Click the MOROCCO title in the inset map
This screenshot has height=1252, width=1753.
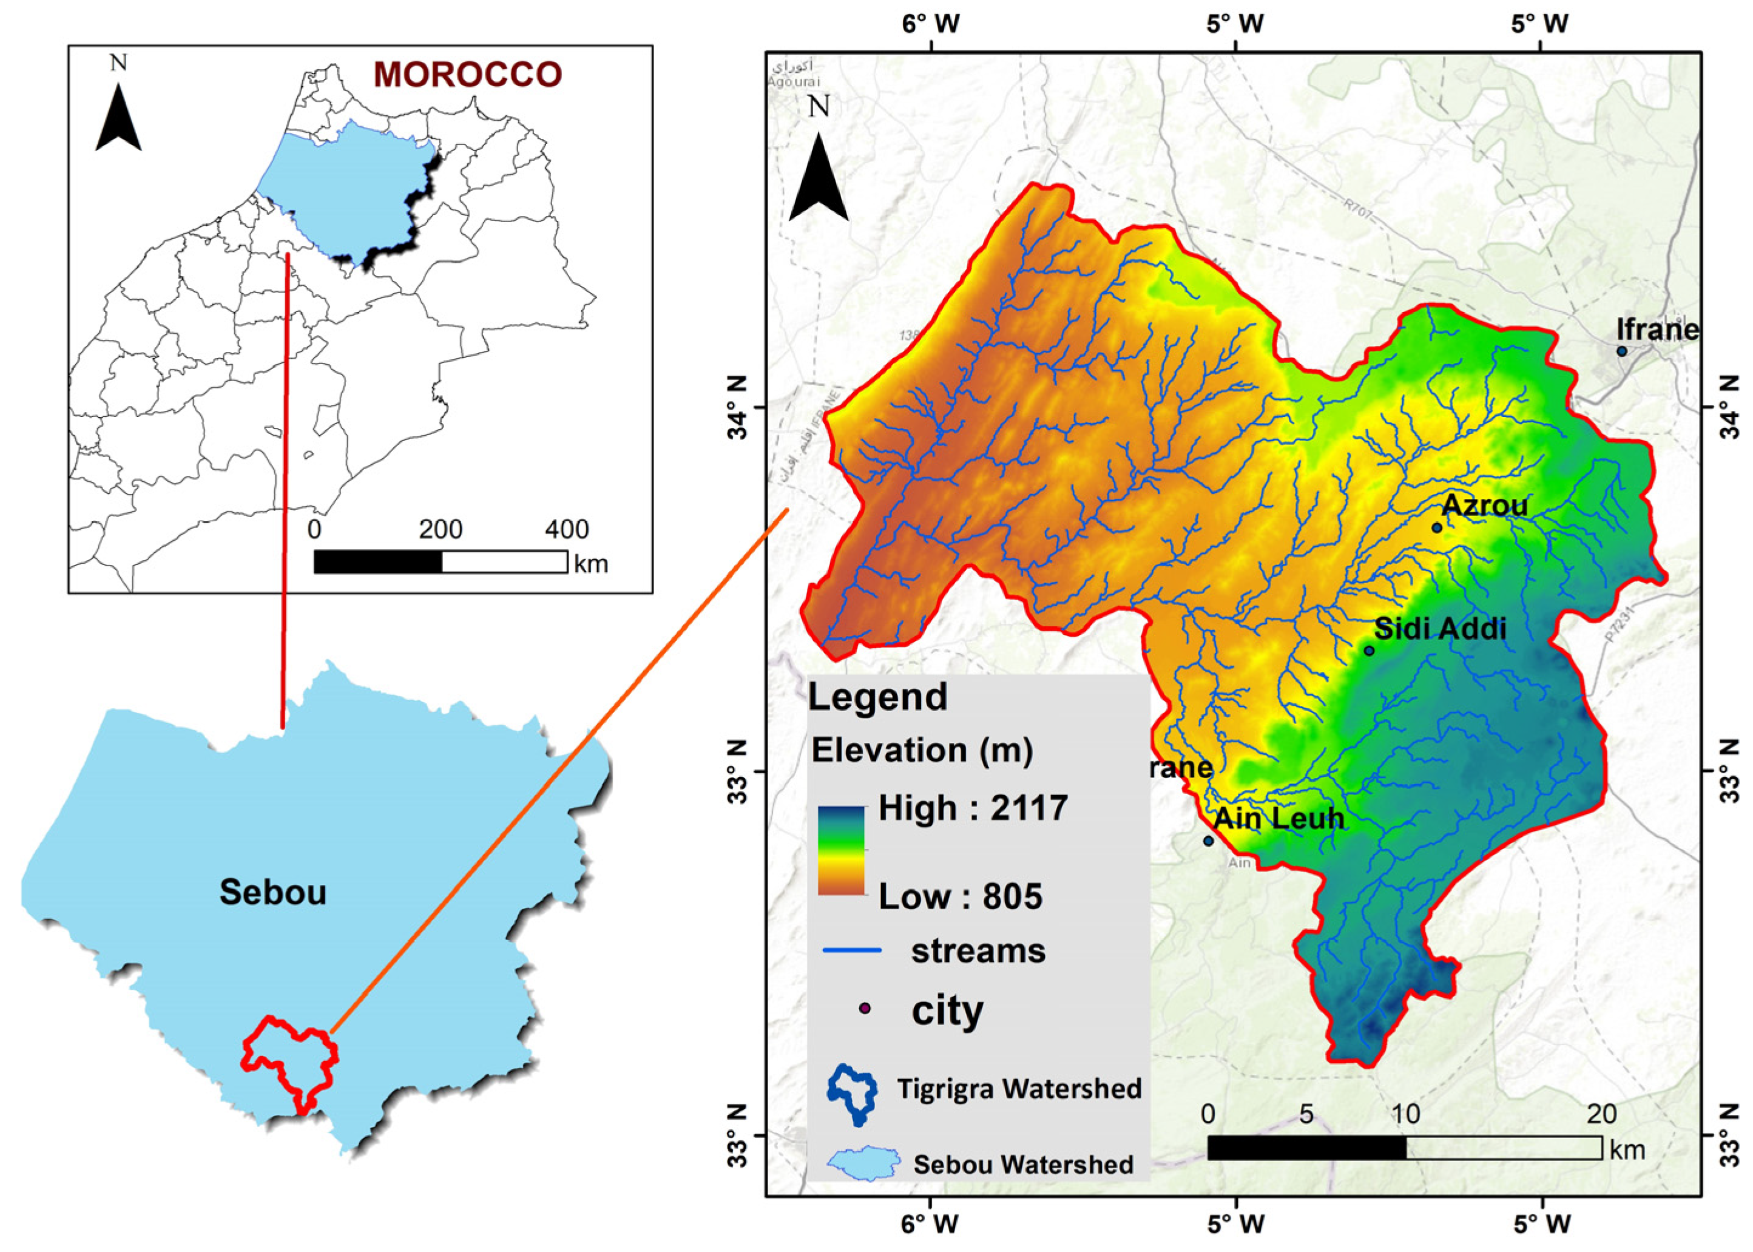pos(467,75)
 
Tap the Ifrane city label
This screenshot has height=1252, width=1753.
pos(1657,330)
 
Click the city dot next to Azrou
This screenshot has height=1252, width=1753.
pos(1436,528)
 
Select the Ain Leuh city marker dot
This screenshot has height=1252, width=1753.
pos(1208,841)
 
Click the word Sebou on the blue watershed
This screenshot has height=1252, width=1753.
pos(273,892)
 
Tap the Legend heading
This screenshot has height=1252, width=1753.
pos(877,697)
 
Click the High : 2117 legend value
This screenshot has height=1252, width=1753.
pos(973,808)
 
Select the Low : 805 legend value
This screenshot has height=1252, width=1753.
pos(961,896)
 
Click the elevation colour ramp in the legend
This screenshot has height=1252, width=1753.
pos(841,850)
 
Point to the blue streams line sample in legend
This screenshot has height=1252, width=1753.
pos(852,950)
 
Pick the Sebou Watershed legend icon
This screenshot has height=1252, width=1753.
pos(863,1163)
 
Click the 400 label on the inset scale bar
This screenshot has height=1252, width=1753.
pos(567,530)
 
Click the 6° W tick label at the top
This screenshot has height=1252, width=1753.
pos(931,24)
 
